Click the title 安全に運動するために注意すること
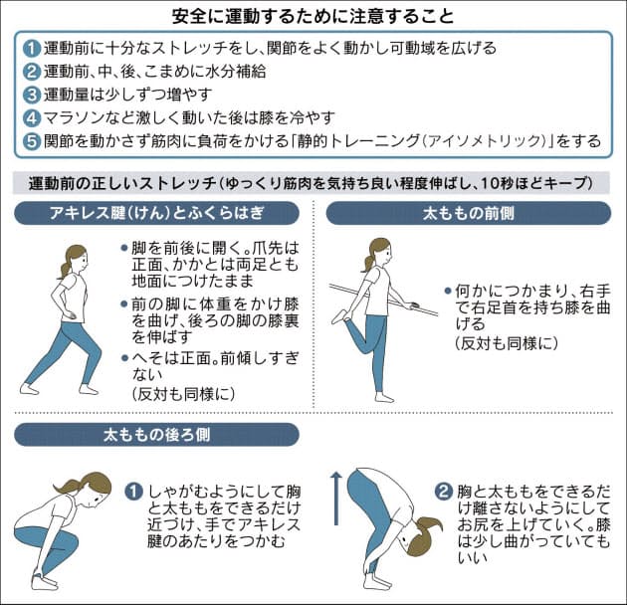pyautogui.click(x=313, y=17)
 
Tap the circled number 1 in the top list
pyautogui.click(x=33, y=49)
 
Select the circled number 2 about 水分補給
pyautogui.click(x=33, y=72)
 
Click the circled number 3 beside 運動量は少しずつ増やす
pyautogui.click(x=33, y=95)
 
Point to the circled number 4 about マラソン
pyautogui.click(x=33, y=117)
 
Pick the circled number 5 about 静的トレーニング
pyautogui.click(x=33, y=140)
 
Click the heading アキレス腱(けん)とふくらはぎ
pyautogui.click(x=157, y=213)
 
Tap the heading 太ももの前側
pyautogui.click(x=471, y=213)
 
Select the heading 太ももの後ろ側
pyautogui.click(x=157, y=435)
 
